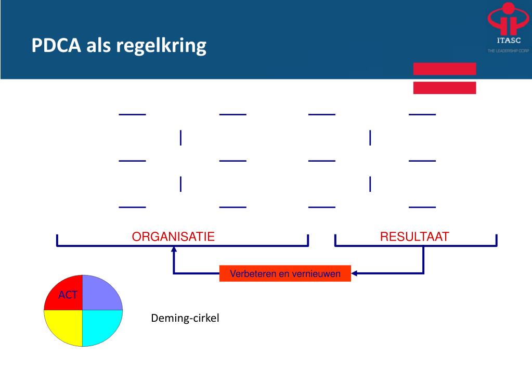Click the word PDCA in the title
pos(55,46)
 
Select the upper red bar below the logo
pos(445,69)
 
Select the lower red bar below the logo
pos(445,88)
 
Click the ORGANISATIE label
pos(173,237)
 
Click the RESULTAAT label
pos(414,237)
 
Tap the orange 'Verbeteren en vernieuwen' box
pos(285,273)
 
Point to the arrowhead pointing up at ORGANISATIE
pos(174,249)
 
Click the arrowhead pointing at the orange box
pos(355,273)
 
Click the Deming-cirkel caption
pos(185,318)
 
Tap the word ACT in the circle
pos(68,296)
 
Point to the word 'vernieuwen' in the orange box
pos(319,273)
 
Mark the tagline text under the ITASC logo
pos(508,50)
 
